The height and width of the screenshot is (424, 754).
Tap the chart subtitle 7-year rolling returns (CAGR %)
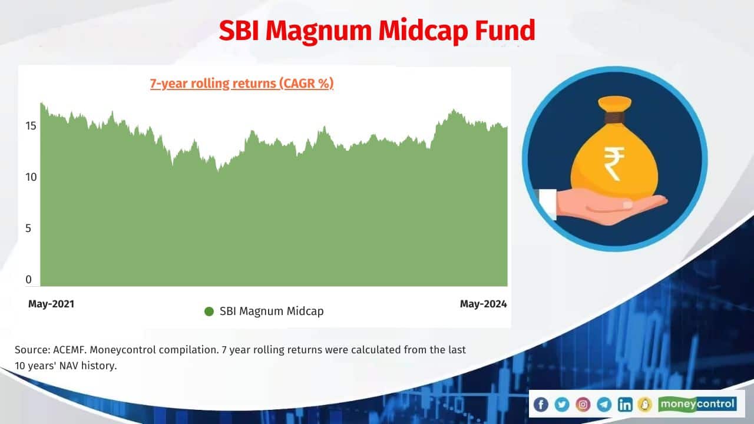tap(242, 84)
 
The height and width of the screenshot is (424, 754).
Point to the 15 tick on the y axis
tap(31, 125)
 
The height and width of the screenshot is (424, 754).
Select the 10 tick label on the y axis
tap(31, 177)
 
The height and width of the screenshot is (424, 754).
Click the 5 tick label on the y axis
tap(28, 228)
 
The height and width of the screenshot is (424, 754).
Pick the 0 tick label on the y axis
tap(28, 280)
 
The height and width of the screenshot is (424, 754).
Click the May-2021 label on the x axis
tap(51, 304)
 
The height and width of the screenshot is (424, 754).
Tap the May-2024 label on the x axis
tap(483, 304)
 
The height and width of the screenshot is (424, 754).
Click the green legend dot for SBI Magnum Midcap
tap(209, 312)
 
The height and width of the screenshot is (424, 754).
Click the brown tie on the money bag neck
tap(614, 117)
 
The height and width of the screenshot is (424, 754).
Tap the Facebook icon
tap(540, 404)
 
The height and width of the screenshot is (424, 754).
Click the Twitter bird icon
tap(561, 404)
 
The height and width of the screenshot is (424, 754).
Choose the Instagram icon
tap(583, 404)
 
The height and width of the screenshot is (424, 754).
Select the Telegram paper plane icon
tap(604, 404)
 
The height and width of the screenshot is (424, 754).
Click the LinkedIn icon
tap(625, 404)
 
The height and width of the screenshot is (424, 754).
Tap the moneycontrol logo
tap(697, 404)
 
